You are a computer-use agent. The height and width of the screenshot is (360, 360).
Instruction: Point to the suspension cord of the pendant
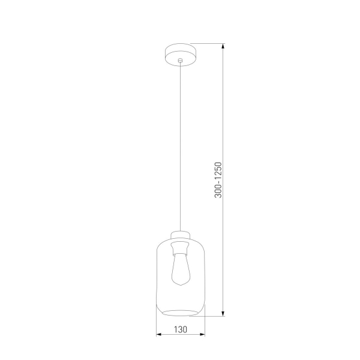click(x=180, y=144)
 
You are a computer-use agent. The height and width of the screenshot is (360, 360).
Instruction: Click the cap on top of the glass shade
click(x=180, y=235)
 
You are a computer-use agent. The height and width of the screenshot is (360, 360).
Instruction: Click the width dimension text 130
click(x=180, y=329)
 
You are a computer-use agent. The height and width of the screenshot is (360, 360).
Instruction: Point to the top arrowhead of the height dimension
click(x=223, y=47)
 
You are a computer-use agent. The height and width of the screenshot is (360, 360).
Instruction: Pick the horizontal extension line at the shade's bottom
click(x=215, y=315)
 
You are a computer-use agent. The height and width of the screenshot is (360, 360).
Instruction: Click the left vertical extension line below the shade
click(x=155, y=327)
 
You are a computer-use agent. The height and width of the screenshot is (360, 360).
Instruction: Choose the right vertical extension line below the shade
click(x=205, y=327)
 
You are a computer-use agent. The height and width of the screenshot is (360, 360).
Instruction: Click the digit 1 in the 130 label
click(x=176, y=329)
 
